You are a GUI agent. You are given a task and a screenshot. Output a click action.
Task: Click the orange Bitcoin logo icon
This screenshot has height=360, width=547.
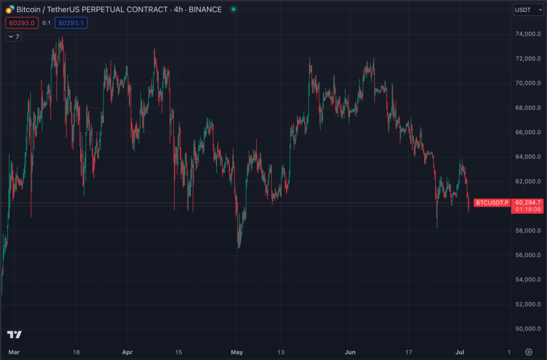[x=10, y=10]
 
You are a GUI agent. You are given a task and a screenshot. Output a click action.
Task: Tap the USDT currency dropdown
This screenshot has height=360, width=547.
[x=528, y=10]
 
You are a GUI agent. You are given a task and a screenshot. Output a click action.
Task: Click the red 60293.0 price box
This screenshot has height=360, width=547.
[x=22, y=22]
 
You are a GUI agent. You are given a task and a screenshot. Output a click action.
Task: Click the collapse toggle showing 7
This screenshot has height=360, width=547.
[x=13, y=36]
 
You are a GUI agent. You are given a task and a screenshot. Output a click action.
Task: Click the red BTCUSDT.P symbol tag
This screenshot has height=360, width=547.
[x=491, y=203]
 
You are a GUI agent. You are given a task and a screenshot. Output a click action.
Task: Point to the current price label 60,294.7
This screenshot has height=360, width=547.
[x=528, y=202]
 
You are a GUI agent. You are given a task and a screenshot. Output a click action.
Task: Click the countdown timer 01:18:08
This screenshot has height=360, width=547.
[x=528, y=209]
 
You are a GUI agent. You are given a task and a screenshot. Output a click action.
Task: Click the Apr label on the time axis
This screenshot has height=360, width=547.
[x=127, y=352]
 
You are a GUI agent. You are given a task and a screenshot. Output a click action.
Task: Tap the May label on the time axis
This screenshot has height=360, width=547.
[x=237, y=352]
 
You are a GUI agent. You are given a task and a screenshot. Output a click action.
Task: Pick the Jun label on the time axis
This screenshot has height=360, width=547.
[x=350, y=352]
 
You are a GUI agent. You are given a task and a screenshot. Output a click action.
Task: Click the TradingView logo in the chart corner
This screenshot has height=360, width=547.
[x=14, y=334]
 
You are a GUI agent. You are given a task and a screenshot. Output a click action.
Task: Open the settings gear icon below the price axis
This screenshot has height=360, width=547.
[x=528, y=352]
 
